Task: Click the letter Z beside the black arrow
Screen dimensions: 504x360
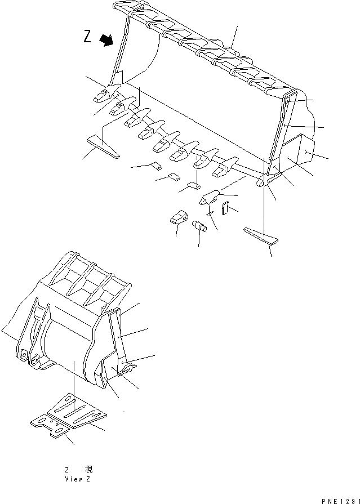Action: point(87,37)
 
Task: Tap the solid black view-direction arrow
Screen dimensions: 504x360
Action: point(106,39)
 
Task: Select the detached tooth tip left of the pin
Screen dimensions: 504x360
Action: point(177,217)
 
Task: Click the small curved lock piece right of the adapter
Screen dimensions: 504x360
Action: point(225,209)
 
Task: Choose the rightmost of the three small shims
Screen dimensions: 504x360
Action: point(194,185)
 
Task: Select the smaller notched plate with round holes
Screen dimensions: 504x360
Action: point(51,427)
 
